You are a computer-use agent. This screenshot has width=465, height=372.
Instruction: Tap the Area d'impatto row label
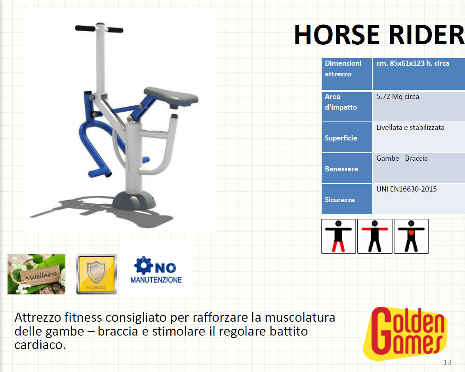pyautogui.click(x=341, y=102)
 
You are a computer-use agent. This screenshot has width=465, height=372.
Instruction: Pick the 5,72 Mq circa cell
pyautogui.click(x=398, y=97)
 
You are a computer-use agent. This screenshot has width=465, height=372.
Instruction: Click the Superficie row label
pyautogui.click(x=341, y=138)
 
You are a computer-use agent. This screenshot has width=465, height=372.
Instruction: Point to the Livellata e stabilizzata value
pyautogui.click(x=410, y=127)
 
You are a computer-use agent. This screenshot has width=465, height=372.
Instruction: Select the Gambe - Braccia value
pyautogui.click(x=402, y=158)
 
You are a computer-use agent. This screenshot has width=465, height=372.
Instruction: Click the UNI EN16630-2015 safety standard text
pyautogui.click(x=406, y=189)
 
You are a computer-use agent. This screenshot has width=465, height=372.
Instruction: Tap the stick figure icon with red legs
pyautogui.click(x=338, y=236)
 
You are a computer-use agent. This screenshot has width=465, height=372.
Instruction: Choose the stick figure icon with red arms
pyautogui.click(x=375, y=236)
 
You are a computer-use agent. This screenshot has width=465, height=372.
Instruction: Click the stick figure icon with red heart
pyautogui.click(x=411, y=236)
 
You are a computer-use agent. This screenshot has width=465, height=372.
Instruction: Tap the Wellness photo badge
pyautogui.click(x=36, y=274)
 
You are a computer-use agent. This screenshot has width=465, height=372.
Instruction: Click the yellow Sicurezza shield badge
pyautogui.click(x=96, y=274)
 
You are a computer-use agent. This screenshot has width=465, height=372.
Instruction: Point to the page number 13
pyautogui.click(x=447, y=363)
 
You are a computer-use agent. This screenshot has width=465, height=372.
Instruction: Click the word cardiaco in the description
pyautogui.click(x=40, y=345)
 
